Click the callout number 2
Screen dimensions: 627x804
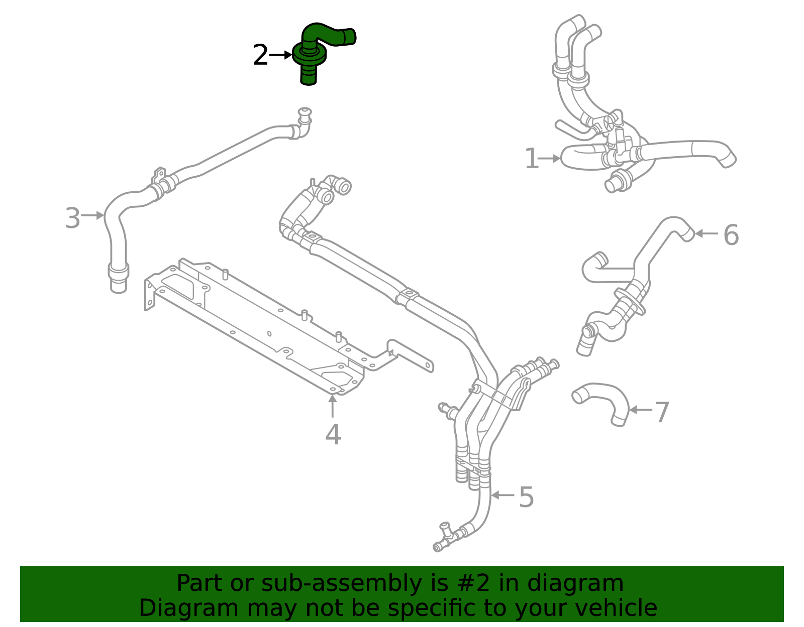pos(260,55)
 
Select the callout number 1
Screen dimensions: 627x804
pos(531,159)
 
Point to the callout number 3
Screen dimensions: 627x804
pos(72,219)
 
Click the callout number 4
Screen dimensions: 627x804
pos(333,435)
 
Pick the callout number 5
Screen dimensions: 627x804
pos(526,497)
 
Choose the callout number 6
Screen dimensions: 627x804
pos(731,235)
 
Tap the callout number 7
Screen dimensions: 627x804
pos(662,412)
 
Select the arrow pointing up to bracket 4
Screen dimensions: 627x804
pos(332,407)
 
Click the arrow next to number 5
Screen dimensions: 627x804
pos(502,495)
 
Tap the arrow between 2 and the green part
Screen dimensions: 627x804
pos(280,55)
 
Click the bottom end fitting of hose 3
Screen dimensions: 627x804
pos(119,279)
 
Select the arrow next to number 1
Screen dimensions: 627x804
pos(550,159)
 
